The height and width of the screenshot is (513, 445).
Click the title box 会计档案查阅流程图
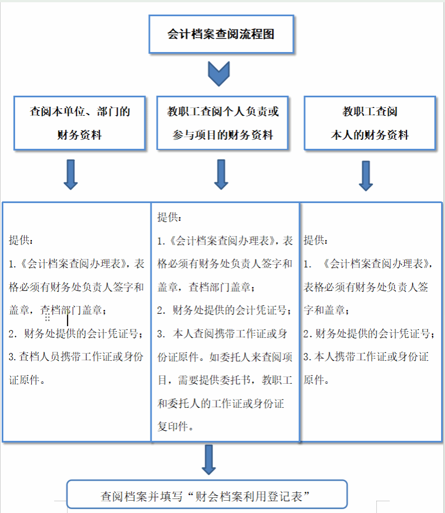[x=221, y=34]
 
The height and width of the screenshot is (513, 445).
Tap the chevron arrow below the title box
[x=219, y=74]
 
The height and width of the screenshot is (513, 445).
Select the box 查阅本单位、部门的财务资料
[x=79, y=123]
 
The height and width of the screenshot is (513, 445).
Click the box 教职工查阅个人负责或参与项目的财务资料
[x=222, y=123]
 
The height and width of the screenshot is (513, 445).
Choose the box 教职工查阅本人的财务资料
[x=370, y=123]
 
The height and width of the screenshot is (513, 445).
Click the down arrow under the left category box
[x=70, y=175]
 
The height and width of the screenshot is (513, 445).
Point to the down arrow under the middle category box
[x=221, y=175]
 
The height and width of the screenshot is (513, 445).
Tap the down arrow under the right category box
[x=366, y=176]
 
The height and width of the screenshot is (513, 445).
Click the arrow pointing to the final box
[x=209, y=459]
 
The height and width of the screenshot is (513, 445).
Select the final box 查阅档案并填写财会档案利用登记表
[x=207, y=494]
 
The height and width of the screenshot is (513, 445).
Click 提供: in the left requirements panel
[x=21, y=240]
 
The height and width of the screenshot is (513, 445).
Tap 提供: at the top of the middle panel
[x=169, y=217]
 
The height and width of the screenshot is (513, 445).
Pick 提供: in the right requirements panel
[x=316, y=240]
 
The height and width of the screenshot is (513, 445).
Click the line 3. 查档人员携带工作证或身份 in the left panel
[x=76, y=356]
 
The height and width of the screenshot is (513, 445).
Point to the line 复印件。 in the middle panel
[x=176, y=426]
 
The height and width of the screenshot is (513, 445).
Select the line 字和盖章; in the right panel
[x=326, y=310]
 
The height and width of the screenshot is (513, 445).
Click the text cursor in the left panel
[x=68, y=319]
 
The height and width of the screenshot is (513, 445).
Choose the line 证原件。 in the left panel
[x=27, y=380]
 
